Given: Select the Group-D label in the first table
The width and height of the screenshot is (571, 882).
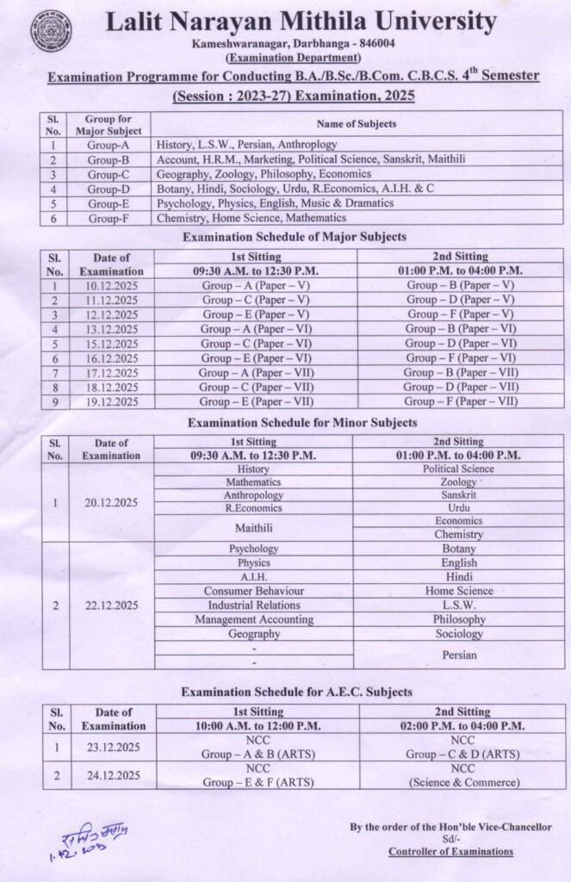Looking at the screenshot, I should pyautogui.click(x=107, y=189).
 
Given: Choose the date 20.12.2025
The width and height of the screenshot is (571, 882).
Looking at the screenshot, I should pyautogui.click(x=111, y=502).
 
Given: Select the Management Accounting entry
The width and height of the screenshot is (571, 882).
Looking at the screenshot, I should pyautogui.click(x=253, y=619).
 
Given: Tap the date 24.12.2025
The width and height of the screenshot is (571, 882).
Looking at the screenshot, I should pyautogui.click(x=111, y=775).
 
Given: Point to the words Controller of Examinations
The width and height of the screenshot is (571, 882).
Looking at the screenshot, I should pyautogui.click(x=450, y=852).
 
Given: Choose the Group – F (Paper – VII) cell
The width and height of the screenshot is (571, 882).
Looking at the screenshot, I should pyautogui.click(x=462, y=401).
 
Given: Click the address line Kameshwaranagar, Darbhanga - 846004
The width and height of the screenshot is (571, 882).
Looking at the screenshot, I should pyautogui.click(x=285, y=44).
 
